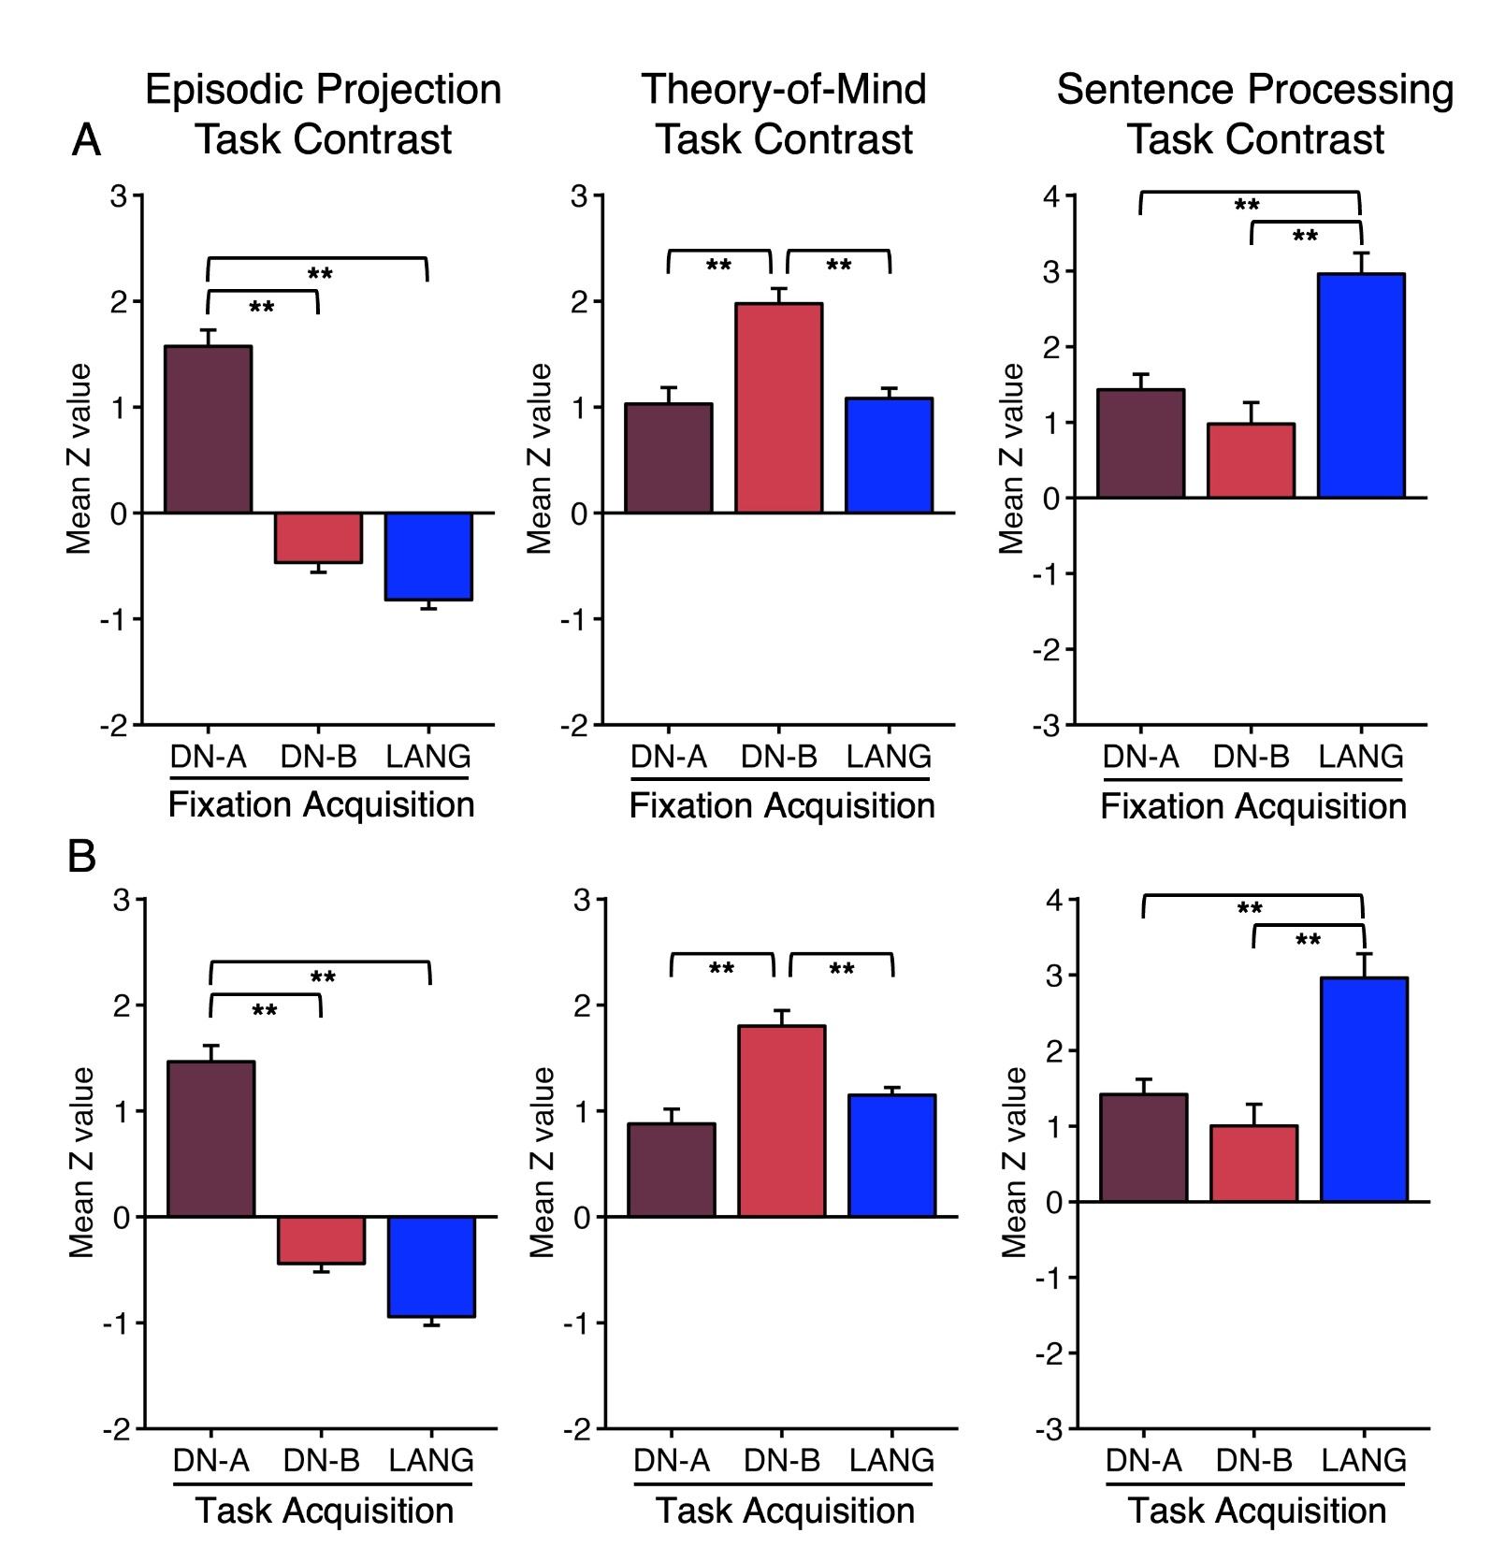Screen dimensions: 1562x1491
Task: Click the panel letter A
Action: pos(86,140)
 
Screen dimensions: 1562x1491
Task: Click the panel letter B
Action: pos(82,855)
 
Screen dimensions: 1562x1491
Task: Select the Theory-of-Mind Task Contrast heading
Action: pos(784,114)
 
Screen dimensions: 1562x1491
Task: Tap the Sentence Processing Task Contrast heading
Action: pos(1255,114)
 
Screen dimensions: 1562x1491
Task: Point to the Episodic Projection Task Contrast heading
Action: pos(323,114)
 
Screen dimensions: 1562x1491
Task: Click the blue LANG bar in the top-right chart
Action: pos(1361,385)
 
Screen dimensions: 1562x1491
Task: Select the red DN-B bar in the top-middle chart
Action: pos(779,408)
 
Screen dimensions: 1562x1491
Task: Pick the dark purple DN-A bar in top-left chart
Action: pos(208,429)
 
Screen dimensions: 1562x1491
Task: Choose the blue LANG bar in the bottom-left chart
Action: pos(431,1266)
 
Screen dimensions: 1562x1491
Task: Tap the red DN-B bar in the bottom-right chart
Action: pos(1253,1164)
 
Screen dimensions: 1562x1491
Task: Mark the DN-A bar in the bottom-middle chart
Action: pos(672,1170)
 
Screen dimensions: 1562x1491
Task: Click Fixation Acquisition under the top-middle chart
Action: pos(782,805)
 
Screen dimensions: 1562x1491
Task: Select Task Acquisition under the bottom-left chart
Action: pos(324,1511)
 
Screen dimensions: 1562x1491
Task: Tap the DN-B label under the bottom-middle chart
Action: pos(782,1460)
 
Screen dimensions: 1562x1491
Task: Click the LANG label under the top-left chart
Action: pos(428,756)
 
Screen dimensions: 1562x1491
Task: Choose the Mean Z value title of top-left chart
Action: pos(80,458)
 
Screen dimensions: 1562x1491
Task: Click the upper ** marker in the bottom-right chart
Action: pos(1250,908)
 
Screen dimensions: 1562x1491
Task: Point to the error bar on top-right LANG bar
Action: pos(1361,262)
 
